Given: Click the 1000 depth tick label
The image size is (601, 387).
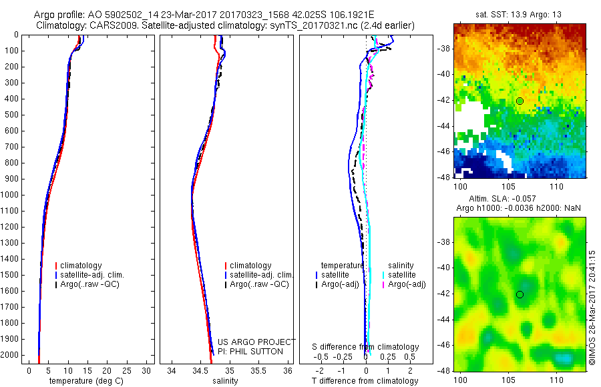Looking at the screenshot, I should (11, 195).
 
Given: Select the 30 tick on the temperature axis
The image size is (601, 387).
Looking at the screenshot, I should (146, 370).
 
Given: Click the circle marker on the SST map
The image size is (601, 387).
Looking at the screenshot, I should (520, 101).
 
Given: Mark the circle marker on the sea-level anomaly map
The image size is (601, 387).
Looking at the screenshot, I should (520, 294).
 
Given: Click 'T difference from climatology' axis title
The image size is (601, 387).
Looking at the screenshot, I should (365, 381).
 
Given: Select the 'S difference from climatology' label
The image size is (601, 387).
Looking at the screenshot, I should (366, 347).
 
